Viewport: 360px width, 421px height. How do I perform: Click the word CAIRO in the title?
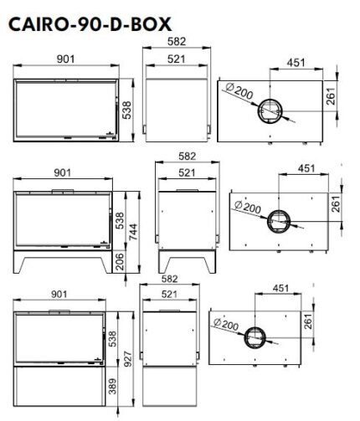(x=38, y=24)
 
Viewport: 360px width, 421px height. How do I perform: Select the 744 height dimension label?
(x=133, y=232)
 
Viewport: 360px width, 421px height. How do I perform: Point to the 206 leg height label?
(x=120, y=262)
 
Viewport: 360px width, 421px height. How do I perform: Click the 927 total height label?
(x=127, y=360)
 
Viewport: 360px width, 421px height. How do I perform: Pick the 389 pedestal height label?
(x=112, y=386)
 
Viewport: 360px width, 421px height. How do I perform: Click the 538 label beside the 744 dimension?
(x=120, y=221)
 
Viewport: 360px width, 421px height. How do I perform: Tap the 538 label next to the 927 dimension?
(x=112, y=339)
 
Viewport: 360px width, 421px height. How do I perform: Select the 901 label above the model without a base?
(x=66, y=59)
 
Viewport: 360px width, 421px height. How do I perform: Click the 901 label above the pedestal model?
(x=59, y=294)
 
